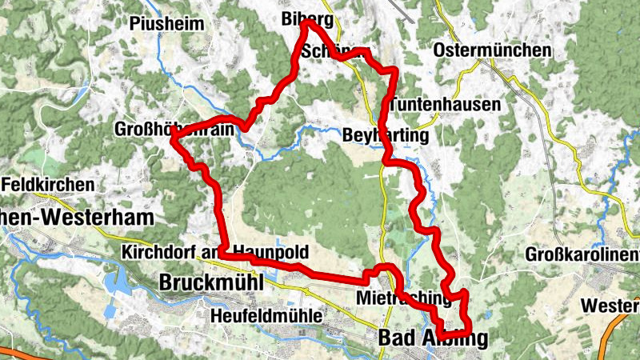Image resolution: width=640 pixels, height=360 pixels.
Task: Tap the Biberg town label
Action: [306, 19]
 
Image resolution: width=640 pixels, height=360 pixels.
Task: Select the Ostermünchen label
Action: [492, 50]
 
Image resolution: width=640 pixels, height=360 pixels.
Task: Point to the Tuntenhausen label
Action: [446, 105]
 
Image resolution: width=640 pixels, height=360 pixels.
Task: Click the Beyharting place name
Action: [386, 135]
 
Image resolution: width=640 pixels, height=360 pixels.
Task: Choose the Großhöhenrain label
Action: [178, 130]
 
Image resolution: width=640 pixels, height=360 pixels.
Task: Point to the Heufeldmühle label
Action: [266, 317]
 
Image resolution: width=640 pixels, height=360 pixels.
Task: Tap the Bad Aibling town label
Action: [432, 338]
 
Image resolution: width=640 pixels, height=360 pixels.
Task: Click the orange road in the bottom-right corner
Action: [620, 320]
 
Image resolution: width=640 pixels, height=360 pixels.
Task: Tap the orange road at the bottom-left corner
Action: [16, 353]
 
